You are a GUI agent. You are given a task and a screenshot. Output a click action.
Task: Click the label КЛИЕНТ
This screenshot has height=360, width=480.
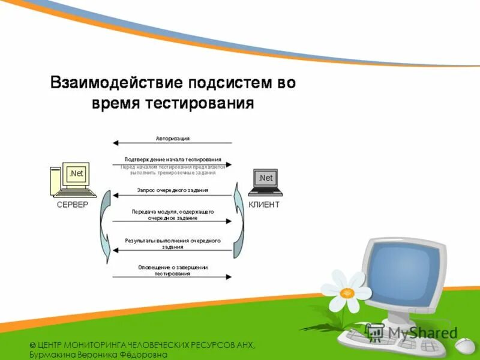click(263, 205)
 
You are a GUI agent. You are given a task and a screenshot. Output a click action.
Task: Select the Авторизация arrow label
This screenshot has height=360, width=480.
click(173, 138)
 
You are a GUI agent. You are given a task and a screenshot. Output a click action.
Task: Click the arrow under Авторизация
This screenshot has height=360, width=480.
click(173, 143)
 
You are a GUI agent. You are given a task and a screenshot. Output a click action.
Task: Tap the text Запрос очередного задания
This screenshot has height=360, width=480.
click(173, 190)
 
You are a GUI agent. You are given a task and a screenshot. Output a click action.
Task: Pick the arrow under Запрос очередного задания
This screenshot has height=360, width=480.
click(173, 195)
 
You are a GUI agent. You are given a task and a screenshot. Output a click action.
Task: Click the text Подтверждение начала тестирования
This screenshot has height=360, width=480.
click(173, 160)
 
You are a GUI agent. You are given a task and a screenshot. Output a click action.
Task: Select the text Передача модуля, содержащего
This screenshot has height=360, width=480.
click(173, 212)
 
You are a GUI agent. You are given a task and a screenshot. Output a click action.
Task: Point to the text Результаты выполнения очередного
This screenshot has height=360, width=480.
click(173, 241)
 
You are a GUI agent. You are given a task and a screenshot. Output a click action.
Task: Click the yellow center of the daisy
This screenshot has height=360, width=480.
click(347, 292)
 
